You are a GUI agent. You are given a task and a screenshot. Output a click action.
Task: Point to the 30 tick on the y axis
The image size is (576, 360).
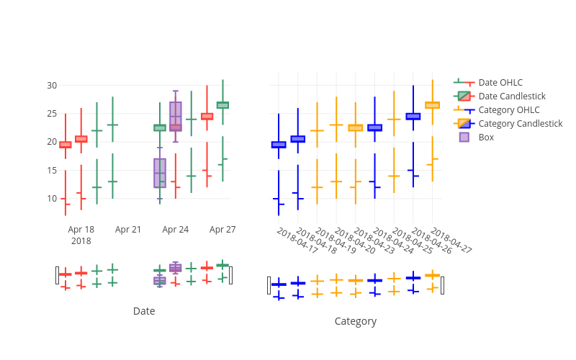tap(52, 86)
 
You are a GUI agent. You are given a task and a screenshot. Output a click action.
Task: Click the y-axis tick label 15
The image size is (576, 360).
tap(52, 171)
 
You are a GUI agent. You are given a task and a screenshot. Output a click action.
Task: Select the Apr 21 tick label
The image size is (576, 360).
tap(128, 230)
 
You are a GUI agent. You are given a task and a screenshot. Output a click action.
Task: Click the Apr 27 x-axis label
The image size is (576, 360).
tap(222, 230)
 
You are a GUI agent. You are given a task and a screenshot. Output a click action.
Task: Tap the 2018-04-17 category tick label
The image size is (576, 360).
tap(297, 240)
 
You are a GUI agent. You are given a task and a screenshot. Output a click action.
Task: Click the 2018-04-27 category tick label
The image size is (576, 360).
tap(451, 240)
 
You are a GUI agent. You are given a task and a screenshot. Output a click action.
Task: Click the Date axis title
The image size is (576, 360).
tap(144, 311)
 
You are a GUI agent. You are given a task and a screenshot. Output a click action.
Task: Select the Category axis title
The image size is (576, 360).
tap(356, 321)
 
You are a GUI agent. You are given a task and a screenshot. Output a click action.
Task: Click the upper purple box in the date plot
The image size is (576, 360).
tap(176, 117)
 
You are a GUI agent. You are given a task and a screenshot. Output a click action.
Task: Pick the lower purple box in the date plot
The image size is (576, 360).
tap(160, 173)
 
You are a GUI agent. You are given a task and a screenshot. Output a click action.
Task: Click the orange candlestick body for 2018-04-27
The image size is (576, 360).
tap(433, 105)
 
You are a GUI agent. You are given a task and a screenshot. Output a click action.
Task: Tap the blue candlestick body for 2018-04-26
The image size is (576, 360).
tap(413, 117)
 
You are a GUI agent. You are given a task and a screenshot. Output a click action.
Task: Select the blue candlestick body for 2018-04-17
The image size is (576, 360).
tap(279, 145)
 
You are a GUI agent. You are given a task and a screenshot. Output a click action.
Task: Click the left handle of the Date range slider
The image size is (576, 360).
tap(57, 276)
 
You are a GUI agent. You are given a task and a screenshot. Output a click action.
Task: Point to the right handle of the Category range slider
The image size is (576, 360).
tap(442, 285)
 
